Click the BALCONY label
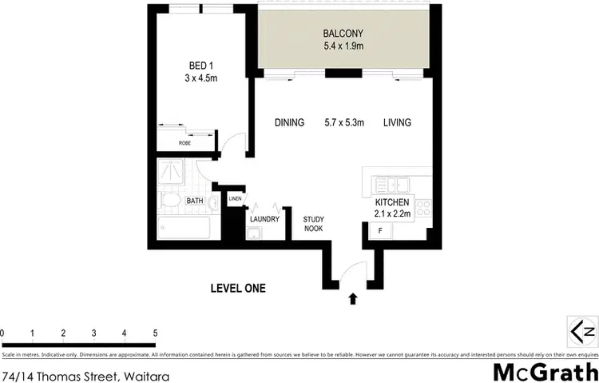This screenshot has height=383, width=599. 343,34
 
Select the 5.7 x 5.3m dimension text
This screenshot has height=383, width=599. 344,122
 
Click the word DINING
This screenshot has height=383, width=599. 289,122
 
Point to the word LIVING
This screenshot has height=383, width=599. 397,122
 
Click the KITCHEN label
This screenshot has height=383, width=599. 392,203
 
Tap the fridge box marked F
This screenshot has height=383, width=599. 380,230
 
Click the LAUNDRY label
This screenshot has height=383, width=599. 264,218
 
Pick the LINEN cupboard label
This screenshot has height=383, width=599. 235,199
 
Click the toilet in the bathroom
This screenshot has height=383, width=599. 170,201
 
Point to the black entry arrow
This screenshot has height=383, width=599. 352,300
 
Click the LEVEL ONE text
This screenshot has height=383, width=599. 237,289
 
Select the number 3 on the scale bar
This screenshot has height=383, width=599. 93,333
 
